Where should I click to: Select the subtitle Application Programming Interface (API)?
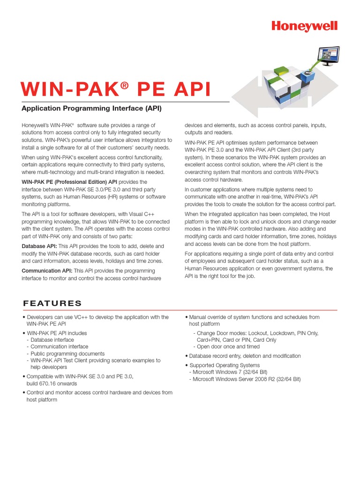(91, 109)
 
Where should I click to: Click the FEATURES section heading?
(52, 303)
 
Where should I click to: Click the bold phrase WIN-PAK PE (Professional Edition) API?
(69, 182)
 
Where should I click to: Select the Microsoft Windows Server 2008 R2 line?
(245, 379)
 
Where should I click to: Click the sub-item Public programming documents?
(67, 353)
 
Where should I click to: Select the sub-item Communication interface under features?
(59, 346)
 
